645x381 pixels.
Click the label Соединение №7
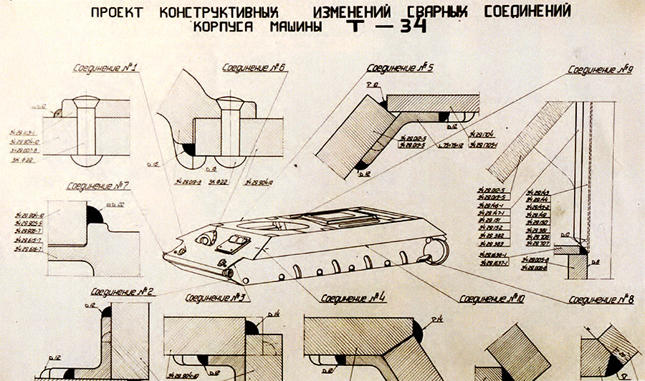pos(97,186)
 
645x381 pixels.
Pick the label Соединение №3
pos(216,297)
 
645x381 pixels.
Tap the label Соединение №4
pos(353,297)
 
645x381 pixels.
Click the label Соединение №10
pos(492,298)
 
